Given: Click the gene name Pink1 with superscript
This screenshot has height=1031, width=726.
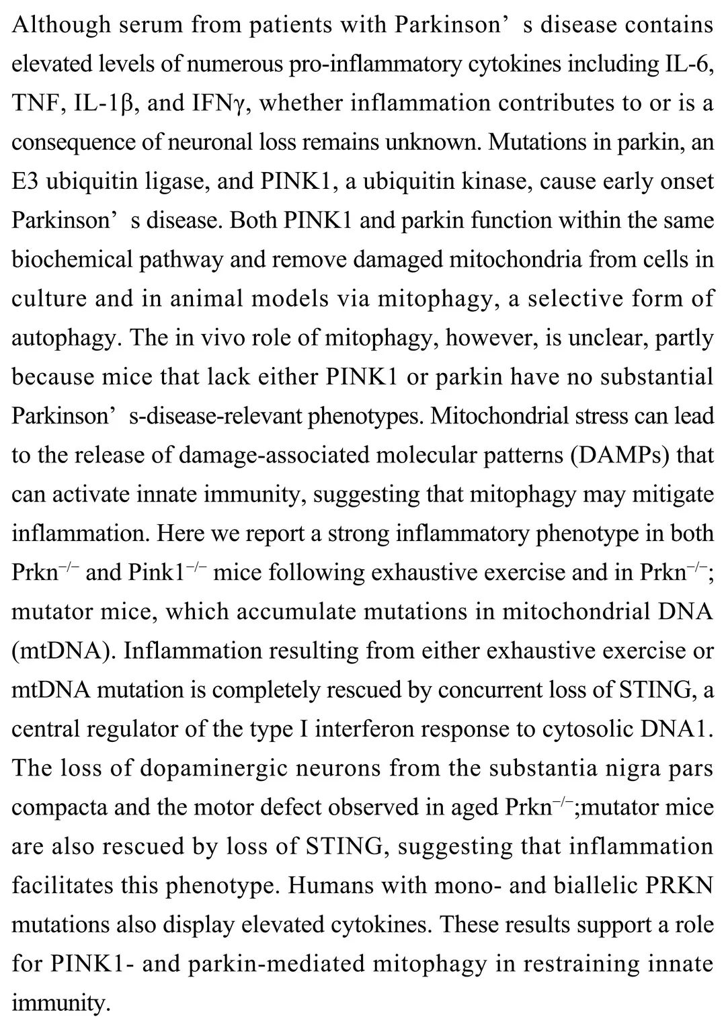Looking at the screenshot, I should (160, 573).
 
